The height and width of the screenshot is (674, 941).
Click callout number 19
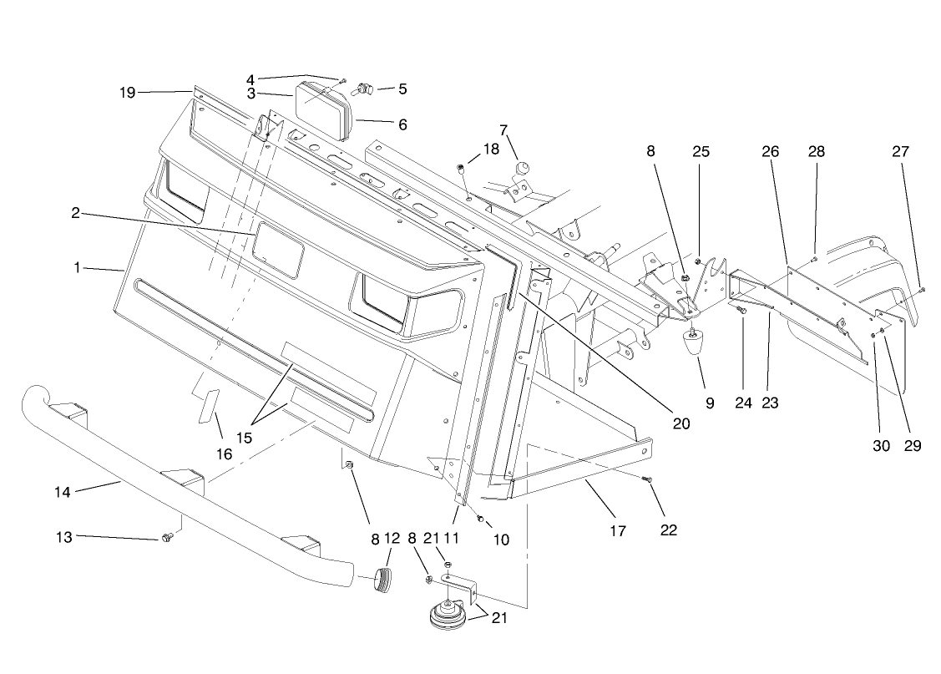point(127,93)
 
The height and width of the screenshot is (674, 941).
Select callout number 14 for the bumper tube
point(63,492)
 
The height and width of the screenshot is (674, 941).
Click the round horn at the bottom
point(449,618)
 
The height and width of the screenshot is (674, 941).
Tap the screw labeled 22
point(646,479)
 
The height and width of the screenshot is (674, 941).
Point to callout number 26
point(770,151)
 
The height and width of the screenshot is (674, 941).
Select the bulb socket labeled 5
point(365,88)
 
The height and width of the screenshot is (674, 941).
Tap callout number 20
point(681,423)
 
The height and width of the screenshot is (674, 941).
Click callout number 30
point(882,445)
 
